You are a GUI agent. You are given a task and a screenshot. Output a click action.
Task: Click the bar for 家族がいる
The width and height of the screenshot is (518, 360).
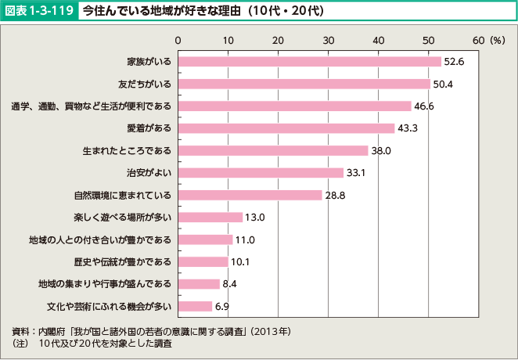tap(309, 61)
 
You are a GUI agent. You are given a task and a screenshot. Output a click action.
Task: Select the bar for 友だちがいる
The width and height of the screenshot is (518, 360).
tap(304, 84)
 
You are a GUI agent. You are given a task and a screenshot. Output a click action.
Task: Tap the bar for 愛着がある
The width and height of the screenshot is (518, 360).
tap(286, 128)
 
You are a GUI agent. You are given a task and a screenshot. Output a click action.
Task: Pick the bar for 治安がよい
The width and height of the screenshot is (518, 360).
tap(261, 172)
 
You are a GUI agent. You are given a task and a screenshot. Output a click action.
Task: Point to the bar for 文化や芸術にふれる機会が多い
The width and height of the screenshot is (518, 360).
tap(196, 306)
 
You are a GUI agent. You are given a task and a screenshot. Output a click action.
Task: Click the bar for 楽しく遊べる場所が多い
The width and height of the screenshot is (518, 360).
tap(210, 217)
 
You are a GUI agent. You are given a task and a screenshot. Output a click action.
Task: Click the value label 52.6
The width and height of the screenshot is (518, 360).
tap(455, 61)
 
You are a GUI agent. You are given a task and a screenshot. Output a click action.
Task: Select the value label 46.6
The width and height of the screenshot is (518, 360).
tap(424, 106)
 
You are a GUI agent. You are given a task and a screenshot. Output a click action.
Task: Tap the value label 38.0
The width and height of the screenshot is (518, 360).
tap(381, 150)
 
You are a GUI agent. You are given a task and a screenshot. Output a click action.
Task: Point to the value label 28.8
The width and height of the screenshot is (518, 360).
tap(335, 195)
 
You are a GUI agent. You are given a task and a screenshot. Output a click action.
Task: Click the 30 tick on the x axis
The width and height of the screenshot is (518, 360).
tap(329, 39)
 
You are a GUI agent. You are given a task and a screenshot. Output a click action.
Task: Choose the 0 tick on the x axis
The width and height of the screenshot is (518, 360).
tap(178, 39)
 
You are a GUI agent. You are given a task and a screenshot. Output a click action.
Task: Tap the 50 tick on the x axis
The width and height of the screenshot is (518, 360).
tap(429, 39)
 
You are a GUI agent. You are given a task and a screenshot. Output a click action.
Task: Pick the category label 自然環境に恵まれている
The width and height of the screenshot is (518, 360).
tap(124, 195)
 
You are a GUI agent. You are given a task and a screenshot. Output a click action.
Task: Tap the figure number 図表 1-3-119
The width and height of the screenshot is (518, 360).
tap(40, 12)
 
